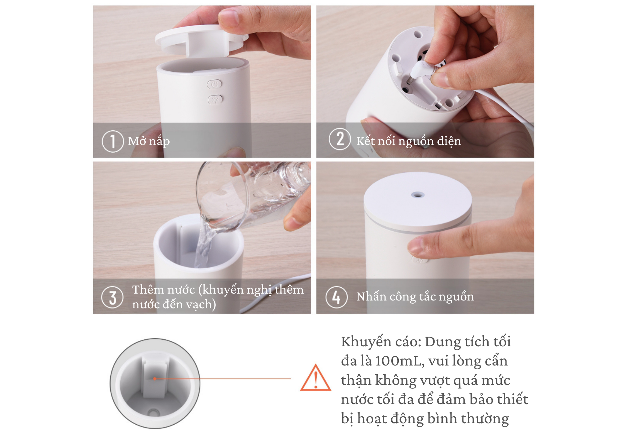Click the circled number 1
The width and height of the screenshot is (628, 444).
coord(112,141)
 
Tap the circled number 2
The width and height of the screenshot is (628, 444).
coord(340,139)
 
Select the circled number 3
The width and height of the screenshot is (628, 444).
coord(112,297)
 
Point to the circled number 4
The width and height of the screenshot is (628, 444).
coord(336,297)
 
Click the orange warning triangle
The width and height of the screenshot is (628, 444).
coord(316,378)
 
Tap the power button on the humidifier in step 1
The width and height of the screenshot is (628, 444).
coord(214,84)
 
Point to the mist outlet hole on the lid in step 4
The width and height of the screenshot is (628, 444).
coord(418,195)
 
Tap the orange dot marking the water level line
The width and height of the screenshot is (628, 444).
coord(154,379)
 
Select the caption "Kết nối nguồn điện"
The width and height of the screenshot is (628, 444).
coord(409,141)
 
